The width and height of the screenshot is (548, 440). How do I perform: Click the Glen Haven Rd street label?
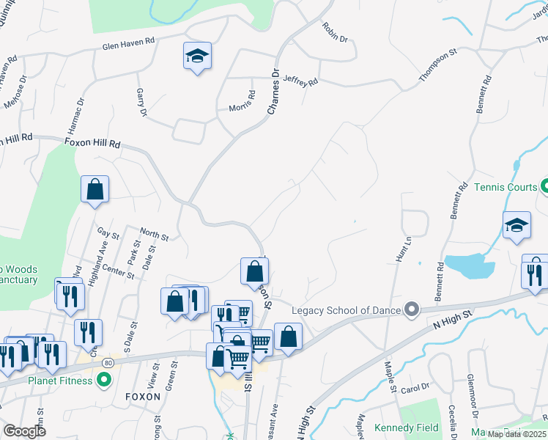point(129,45)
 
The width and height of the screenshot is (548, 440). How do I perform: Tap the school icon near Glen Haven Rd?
point(197,56)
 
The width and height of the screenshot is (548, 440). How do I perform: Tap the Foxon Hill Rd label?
point(92,144)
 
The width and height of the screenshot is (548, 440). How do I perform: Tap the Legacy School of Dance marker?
point(411,310)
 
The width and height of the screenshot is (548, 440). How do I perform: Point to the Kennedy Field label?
point(406,428)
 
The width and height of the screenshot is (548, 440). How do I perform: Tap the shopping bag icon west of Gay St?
point(95,189)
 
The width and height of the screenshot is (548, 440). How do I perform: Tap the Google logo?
point(23,431)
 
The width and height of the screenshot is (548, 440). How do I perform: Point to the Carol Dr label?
point(415,388)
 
